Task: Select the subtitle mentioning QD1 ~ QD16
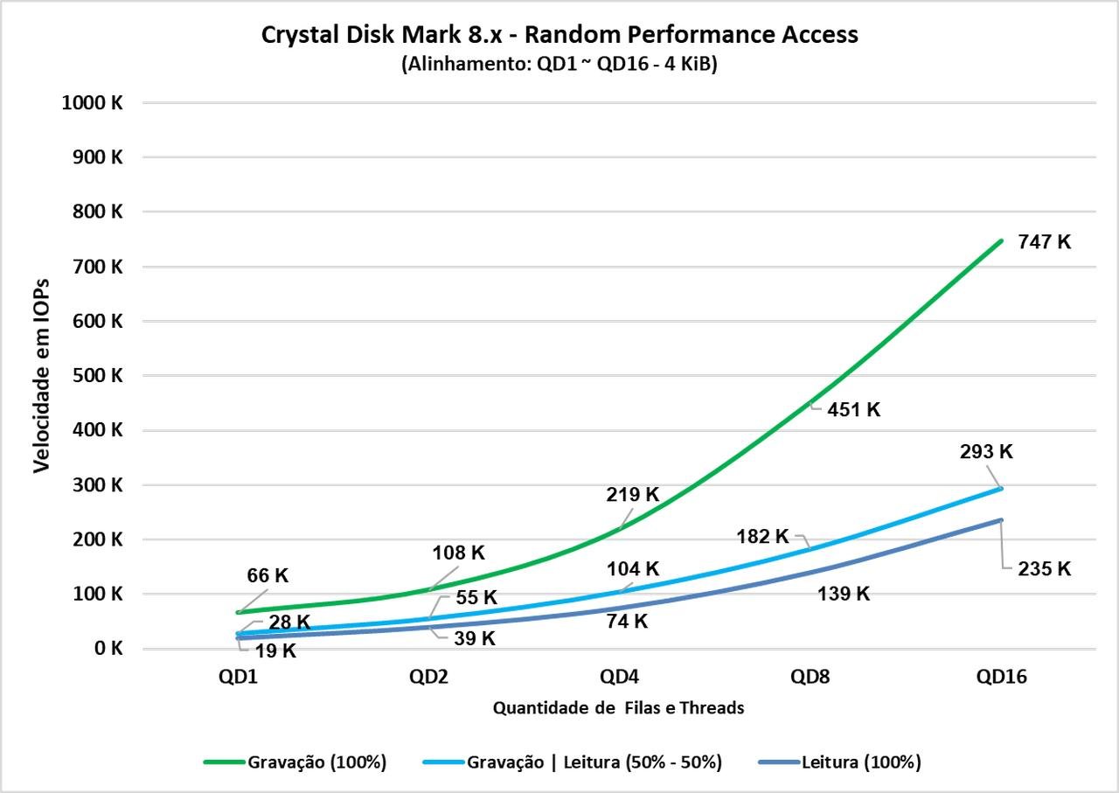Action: coord(559,64)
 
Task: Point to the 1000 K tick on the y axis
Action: coord(92,102)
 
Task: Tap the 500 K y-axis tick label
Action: coord(97,375)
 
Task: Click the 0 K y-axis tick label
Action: coord(108,648)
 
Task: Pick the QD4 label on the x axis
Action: coord(620,677)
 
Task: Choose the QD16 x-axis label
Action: coord(1002,677)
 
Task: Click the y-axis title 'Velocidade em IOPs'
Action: coord(41,375)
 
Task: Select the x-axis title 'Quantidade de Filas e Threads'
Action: coord(618,707)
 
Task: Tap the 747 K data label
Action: coord(1045,242)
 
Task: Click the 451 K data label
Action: coord(854,410)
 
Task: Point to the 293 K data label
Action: coord(986,452)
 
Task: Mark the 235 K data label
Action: coord(1045,568)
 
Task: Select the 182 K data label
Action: coord(763,536)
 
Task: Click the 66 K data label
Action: coord(268,575)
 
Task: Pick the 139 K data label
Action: coord(844,594)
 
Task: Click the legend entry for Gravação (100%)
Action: coord(295,762)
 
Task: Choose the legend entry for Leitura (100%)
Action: coord(840,762)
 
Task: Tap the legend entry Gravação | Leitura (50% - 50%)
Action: coord(573,762)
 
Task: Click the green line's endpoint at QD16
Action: coord(1001,240)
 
